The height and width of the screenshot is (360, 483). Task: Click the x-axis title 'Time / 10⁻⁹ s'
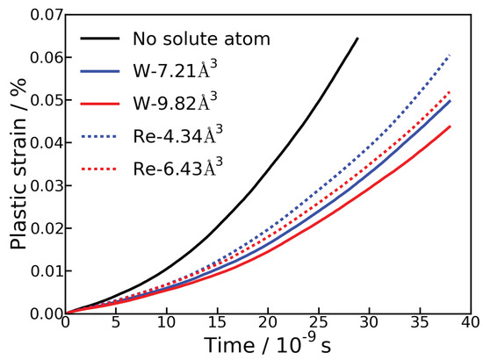tap(267, 345)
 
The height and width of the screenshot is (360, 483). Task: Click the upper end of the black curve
tap(358, 39)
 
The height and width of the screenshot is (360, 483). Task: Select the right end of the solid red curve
tap(451, 126)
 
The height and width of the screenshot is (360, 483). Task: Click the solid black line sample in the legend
tap(99, 39)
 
